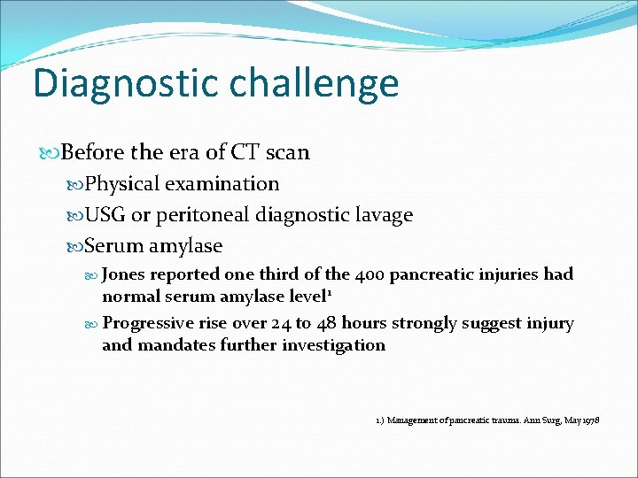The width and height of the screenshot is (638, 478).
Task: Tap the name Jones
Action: click(x=128, y=274)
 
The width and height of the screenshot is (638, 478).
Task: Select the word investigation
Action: click(x=333, y=344)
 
